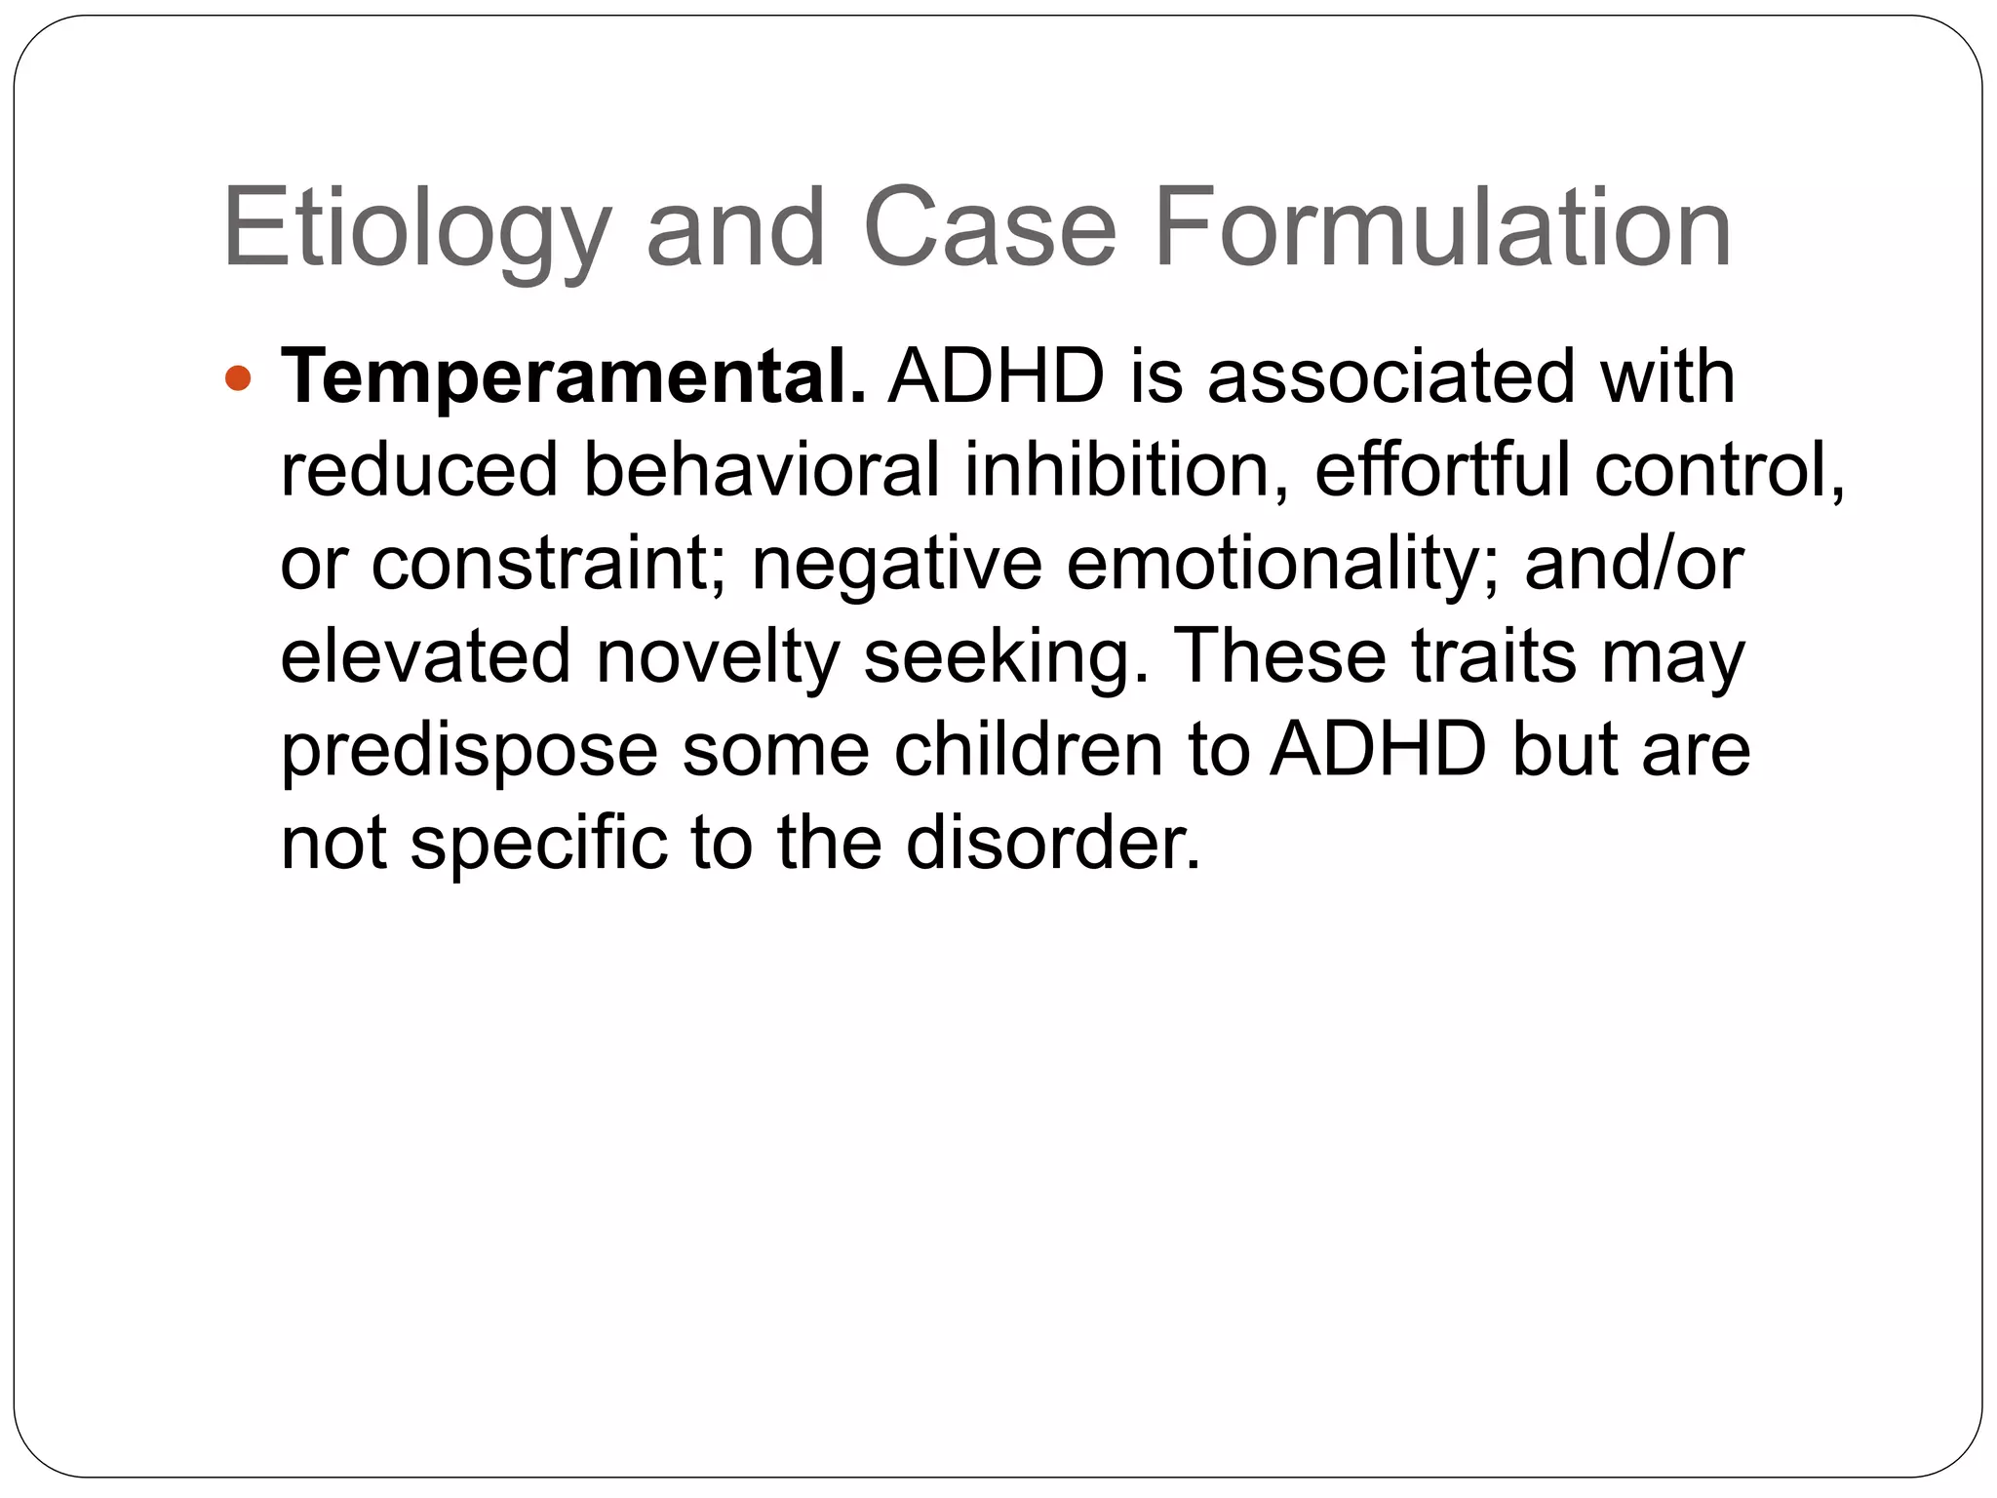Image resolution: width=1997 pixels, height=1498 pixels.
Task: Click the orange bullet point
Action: click(238, 378)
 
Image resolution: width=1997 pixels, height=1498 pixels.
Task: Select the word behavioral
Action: click(762, 470)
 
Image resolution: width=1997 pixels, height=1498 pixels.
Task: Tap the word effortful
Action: click(1443, 470)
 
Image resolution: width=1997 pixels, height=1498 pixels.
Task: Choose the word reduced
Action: click(418, 470)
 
